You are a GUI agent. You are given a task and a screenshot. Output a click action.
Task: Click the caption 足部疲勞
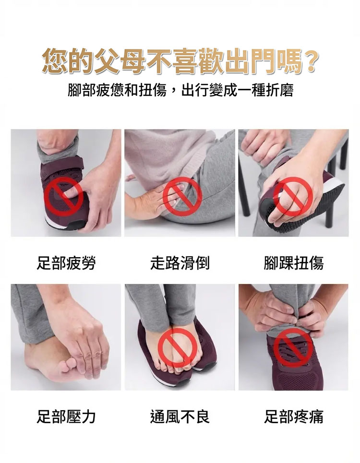tap(66, 262)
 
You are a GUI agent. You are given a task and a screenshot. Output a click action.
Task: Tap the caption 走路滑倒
tap(180, 262)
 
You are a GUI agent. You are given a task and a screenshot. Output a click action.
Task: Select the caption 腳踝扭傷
tap(294, 262)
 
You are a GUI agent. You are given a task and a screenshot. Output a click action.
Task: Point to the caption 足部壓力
tap(66, 416)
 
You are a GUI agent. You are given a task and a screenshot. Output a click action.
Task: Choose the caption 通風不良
tap(180, 416)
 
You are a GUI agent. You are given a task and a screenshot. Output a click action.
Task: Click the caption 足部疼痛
tap(294, 416)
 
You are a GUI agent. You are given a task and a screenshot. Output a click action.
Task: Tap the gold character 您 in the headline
tap(55, 61)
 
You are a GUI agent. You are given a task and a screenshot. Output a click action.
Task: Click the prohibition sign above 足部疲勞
tap(63, 197)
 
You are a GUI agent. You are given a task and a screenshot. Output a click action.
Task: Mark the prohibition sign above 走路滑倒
tap(182, 196)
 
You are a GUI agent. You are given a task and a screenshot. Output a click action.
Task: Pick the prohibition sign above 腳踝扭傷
tap(293, 196)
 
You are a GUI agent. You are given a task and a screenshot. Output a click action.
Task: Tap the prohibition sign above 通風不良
tap(178, 347)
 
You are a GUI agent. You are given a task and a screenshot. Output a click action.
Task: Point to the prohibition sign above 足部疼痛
tap(293, 347)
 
